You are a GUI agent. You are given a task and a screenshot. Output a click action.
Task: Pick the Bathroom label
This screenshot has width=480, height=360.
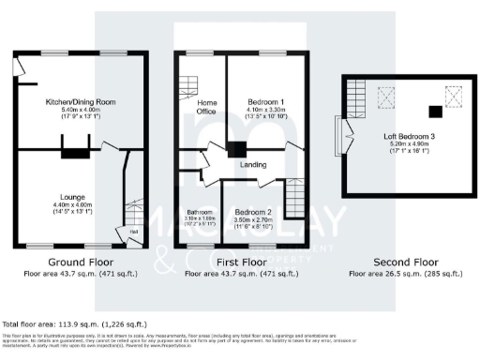[200, 212]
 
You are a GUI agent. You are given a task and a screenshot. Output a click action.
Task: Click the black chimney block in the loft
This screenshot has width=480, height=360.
[433, 112]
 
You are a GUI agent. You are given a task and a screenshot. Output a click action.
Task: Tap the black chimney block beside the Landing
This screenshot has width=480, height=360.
[238, 148]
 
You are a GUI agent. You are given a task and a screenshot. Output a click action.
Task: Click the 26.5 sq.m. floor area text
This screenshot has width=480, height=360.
[406, 274]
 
